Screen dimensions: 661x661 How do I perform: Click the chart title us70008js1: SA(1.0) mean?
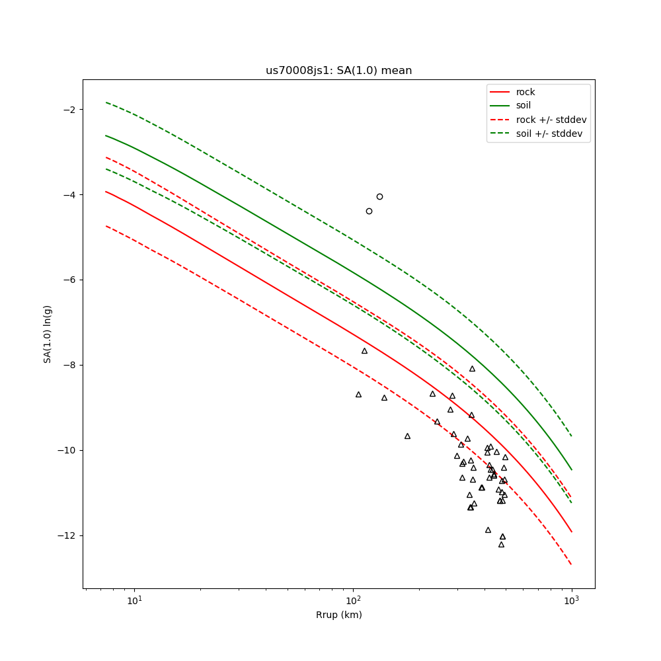click(x=338, y=71)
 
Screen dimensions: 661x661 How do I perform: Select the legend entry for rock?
click(x=525, y=92)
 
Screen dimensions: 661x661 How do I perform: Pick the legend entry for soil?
click(x=524, y=106)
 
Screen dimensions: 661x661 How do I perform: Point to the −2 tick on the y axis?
click(x=70, y=109)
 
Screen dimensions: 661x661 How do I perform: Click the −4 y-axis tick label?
click(x=70, y=194)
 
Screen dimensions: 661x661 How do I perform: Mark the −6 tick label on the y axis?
click(x=70, y=280)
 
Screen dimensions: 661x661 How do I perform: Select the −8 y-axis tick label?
click(x=70, y=365)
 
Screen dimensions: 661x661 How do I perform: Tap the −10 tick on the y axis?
click(x=67, y=450)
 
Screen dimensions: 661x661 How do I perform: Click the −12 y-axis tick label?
click(x=67, y=535)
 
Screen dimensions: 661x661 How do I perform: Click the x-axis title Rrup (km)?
click(x=338, y=615)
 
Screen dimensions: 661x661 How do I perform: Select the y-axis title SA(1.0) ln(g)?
click(x=48, y=334)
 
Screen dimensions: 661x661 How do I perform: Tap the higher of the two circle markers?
click(x=379, y=196)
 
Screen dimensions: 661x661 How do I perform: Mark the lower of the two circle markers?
click(x=369, y=211)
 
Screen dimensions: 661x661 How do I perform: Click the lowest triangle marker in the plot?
click(x=501, y=545)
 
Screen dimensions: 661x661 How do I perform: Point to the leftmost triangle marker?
click(x=358, y=395)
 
